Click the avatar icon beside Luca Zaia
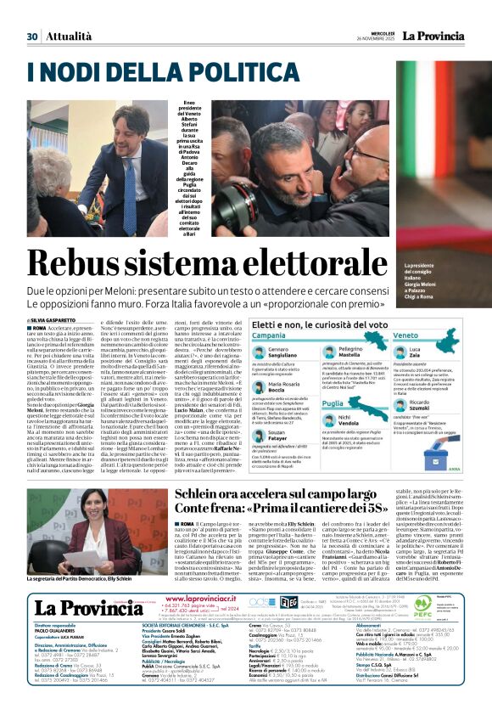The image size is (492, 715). [415, 352]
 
